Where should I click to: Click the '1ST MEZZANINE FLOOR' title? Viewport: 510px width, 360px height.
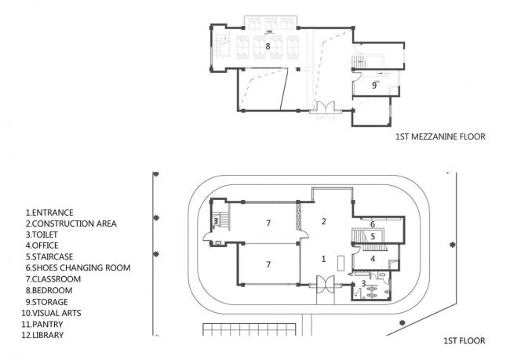point(440,136)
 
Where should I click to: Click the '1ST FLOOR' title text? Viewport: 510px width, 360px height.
point(463,341)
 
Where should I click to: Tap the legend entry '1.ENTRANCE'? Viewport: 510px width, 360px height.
point(49,213)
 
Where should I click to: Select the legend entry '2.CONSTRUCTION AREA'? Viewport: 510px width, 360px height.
point(71,224)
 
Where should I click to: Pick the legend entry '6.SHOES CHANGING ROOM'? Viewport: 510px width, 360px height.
point(78,267)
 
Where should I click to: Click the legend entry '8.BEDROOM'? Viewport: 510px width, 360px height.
point(47,290)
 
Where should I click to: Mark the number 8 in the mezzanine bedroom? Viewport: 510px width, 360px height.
point(268,47)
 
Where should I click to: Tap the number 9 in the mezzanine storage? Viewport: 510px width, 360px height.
point(374,85)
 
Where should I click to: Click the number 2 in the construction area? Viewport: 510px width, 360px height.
point(322,221)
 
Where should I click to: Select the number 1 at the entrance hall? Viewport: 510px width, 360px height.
point(322,257)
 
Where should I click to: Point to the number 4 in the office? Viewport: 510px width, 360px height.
point(373,258)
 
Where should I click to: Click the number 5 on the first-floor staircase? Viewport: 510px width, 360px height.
point(373,235)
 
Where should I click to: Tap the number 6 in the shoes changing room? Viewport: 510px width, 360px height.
point(373,224)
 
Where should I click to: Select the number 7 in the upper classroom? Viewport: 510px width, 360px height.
point(268,224)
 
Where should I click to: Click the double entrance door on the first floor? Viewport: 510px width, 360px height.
point(322,286)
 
